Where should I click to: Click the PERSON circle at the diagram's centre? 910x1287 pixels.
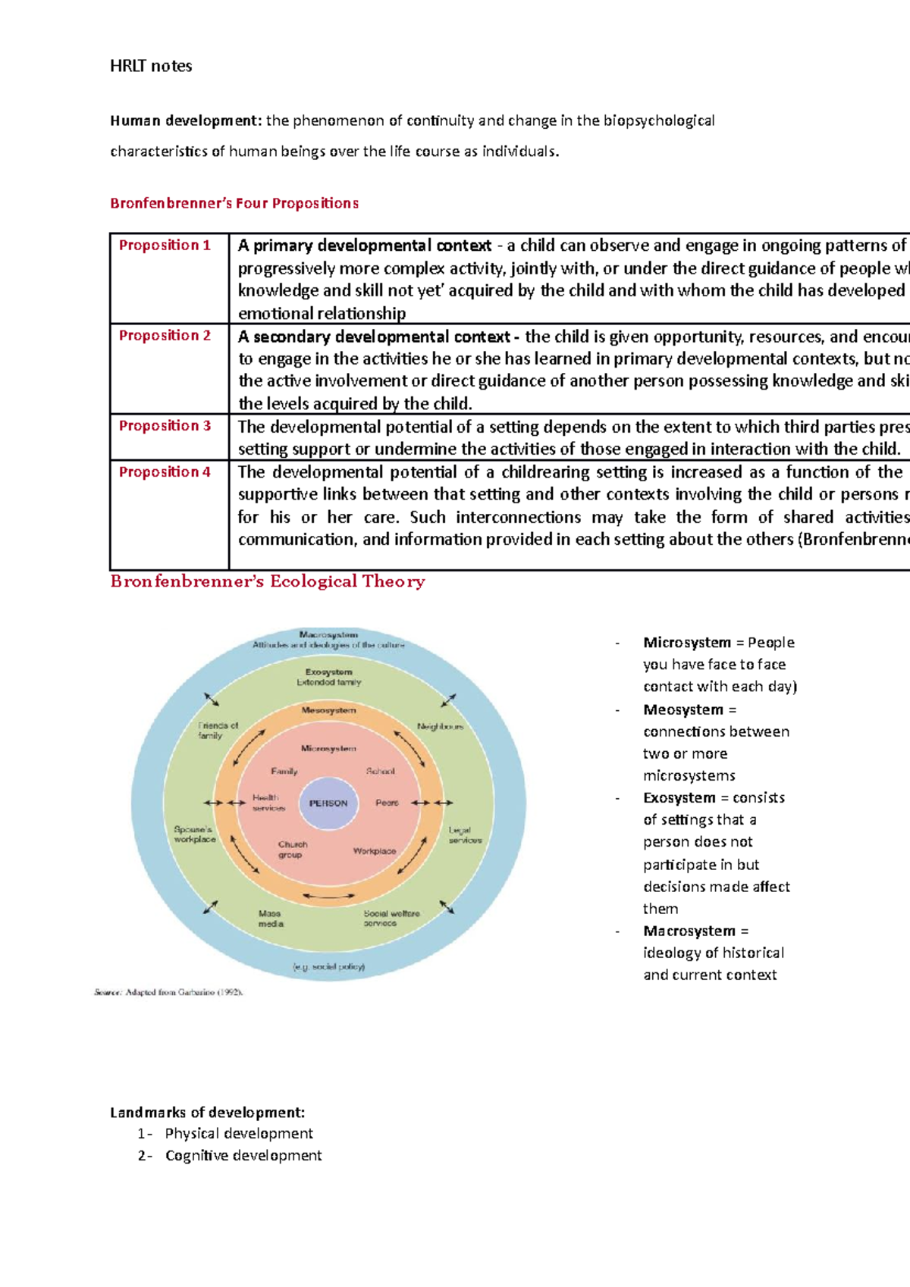pos(328,803)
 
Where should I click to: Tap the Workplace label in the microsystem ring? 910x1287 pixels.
pos(375,851)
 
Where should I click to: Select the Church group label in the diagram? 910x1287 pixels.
pos(292,849)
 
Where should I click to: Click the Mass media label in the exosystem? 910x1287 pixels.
pos(271,919)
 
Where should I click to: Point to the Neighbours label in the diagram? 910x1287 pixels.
pos(440,726)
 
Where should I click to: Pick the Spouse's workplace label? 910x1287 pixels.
pos(194,834)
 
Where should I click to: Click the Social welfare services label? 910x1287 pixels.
pos(391,918)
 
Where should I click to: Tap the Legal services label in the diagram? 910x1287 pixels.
pos(464,835)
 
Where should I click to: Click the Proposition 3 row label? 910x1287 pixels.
pos(165,426)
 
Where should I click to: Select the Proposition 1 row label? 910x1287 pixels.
pos(165,245)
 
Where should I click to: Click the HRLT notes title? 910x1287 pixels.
pos(151,66)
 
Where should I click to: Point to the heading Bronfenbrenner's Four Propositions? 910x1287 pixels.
pos(234,203)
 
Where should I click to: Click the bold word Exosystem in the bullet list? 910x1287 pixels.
pos(679,797)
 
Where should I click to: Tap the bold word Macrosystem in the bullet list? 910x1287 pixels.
pos(689,931)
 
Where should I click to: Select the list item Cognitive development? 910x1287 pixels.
pos(243,1155)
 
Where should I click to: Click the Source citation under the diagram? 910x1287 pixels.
pos(168,991)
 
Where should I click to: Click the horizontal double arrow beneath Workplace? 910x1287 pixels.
pos(328,897)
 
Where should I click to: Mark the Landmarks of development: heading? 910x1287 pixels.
pos(207,1113)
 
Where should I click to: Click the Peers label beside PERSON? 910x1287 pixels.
pos(387,803)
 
